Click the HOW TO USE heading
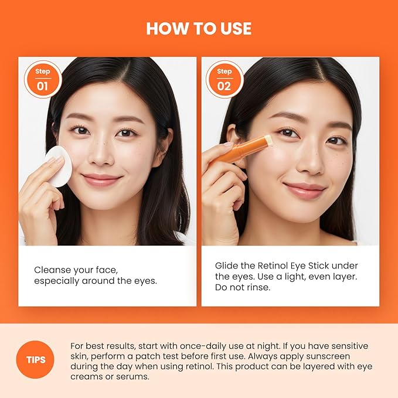point(199,29)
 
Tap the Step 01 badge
point(43,80)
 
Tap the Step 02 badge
point(224,80)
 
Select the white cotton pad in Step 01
point(58,165)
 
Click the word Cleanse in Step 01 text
point(51,270)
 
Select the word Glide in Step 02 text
point(227,266)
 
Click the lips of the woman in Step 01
point(101,179)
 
